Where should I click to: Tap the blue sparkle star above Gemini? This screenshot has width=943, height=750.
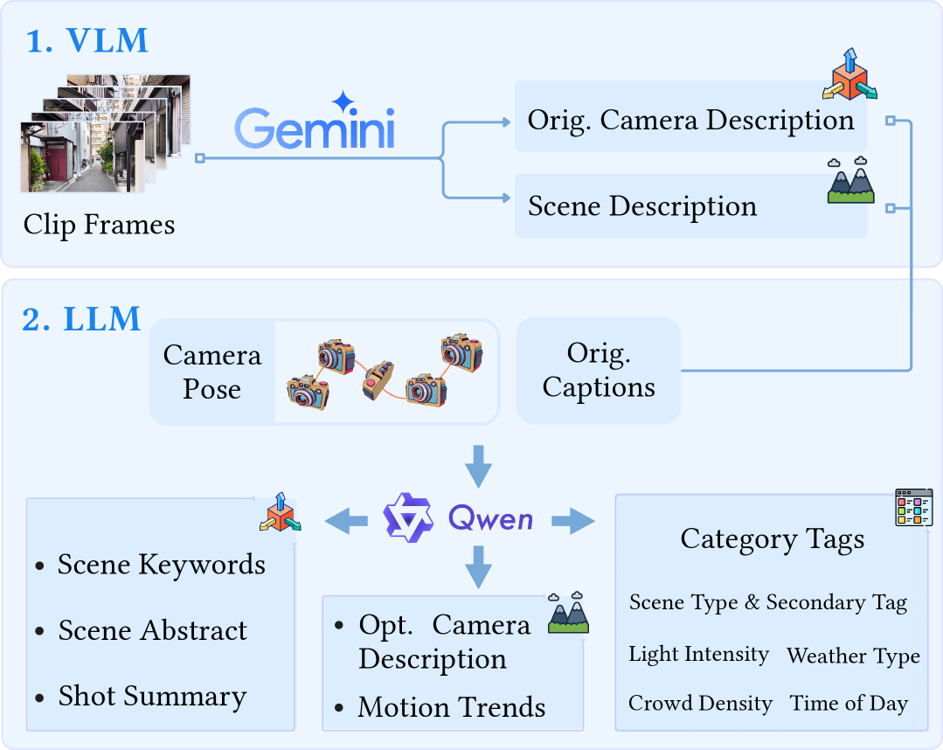[343, 100]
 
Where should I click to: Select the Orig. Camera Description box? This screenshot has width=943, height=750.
[690, 119]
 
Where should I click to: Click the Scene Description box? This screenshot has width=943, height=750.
[642, 206]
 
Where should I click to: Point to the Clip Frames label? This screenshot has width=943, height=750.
[99, 225]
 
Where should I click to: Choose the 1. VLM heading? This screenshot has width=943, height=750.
[87, 40]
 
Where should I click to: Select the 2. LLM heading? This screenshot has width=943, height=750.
[81, 319]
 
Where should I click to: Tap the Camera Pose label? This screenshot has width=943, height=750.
[212, 372]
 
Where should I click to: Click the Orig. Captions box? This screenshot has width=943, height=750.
[599, 372]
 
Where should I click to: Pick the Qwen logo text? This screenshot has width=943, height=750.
[490, 519]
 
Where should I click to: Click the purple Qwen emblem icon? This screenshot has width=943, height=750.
[408, 518]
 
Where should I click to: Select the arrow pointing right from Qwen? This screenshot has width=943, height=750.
[572, 522]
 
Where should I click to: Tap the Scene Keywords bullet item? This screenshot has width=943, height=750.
[162, 565]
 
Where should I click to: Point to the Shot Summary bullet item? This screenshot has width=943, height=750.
[152, 697]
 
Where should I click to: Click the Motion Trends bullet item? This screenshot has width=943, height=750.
[452, 707]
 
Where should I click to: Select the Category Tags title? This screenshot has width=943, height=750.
[773, 539]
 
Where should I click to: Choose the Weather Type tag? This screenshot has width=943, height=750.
[853, 656]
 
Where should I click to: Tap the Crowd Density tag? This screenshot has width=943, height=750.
[700, 704]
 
